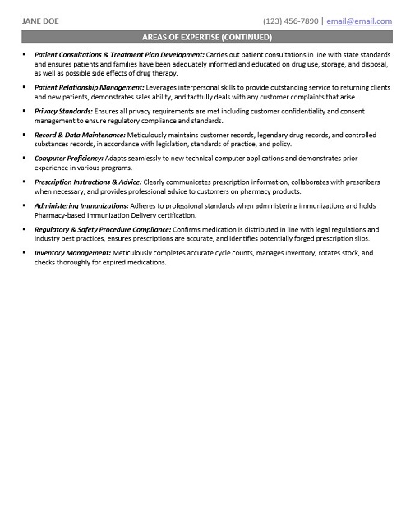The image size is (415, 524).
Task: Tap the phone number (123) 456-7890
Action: [290, 21]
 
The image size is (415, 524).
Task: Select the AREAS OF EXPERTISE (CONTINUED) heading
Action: [207, 37]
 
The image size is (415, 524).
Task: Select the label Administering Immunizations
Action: [81, 205]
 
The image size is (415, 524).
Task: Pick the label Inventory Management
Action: [72, 253]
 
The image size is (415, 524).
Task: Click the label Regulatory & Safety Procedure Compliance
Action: [103, 229]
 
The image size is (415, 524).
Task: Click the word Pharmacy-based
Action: [61, 214]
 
